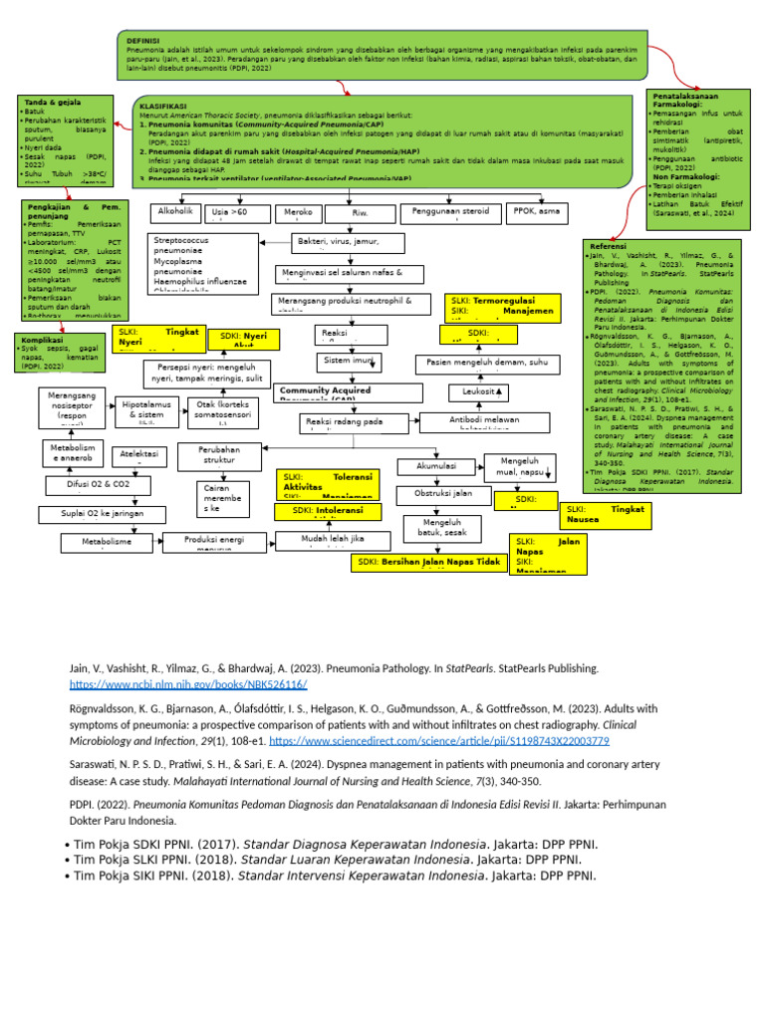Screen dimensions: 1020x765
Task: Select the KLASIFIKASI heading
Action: click(163, 105)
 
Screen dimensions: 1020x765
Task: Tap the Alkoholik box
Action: click(175, 212)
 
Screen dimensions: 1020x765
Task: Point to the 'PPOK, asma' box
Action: click(537, 211)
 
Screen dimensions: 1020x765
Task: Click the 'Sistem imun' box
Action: click(349, 360)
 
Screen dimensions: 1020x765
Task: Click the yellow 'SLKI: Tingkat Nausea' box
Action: click(606, 513)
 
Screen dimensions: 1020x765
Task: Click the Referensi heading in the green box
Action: click(609, 246)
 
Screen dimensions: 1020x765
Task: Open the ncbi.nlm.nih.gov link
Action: click(187, 685)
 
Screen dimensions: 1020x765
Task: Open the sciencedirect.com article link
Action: click(438, 741)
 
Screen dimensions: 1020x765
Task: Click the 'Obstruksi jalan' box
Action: click(444, 494)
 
